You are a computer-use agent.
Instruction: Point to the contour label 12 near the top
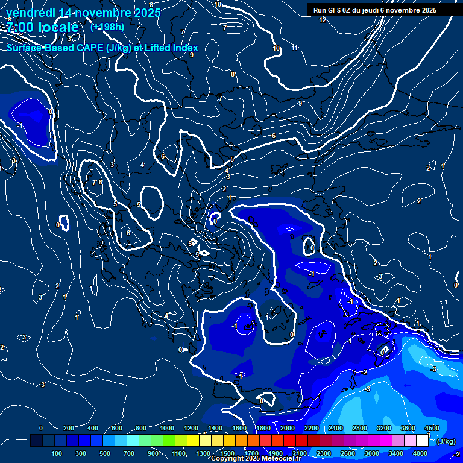click(x=323, y=20)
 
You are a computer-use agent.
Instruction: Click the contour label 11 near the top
click(x=294, y=48)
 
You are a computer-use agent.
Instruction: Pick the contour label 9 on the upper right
click(x=300, y=103)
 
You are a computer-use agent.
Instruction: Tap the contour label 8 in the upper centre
click(x=233, y=74)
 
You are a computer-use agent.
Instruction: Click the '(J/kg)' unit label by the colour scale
click(x=446, y=441)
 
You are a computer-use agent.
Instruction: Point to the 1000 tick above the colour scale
click(x=167, y=428)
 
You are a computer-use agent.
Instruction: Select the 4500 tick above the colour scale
click(x=432, y=428)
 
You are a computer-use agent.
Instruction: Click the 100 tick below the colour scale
click(x=57, y=453)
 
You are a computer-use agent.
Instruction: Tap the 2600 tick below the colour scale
click(x=347, y=453)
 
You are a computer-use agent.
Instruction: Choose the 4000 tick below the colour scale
click(x=420, y=453)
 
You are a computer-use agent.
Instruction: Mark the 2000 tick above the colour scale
click(x=288, y=428)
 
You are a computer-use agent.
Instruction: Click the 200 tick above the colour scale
click(x=68, y=428)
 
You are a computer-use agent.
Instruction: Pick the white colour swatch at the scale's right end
click(x=422, y=441)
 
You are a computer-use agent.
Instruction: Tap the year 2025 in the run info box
click(x=429, y=10)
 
